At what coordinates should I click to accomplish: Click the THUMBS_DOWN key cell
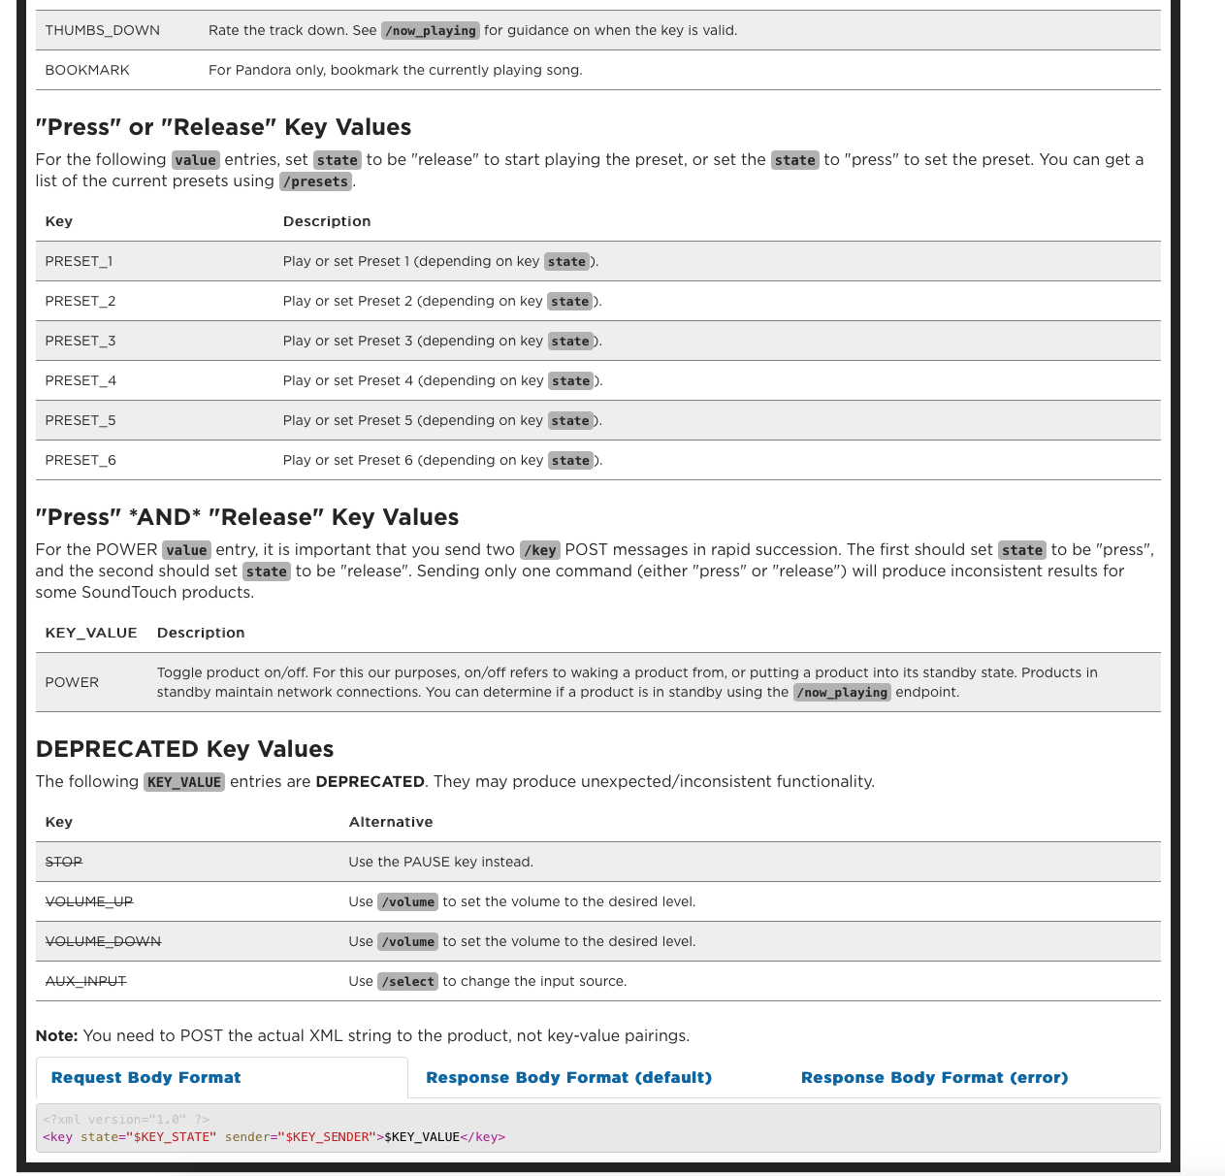102,30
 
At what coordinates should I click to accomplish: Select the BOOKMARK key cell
87,70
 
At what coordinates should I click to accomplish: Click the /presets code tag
315,181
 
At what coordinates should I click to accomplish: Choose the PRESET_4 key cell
81,380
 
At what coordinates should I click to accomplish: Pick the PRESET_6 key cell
81,460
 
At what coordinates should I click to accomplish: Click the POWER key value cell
72,682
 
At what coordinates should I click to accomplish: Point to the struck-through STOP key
64,862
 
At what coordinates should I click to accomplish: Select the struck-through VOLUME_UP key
89,901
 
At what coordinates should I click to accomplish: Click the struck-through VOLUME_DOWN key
103,941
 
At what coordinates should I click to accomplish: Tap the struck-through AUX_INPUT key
85,981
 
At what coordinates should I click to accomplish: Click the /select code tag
408,982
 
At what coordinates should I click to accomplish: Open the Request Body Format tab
145,1077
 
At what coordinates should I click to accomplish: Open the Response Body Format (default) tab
568,1077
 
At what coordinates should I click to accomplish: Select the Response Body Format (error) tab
934,1077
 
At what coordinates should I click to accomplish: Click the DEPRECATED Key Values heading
184,749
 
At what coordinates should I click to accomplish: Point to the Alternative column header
391,822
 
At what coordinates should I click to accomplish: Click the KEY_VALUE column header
91,633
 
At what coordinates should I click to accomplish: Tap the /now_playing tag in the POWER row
842,693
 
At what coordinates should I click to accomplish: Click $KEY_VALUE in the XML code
422,1137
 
